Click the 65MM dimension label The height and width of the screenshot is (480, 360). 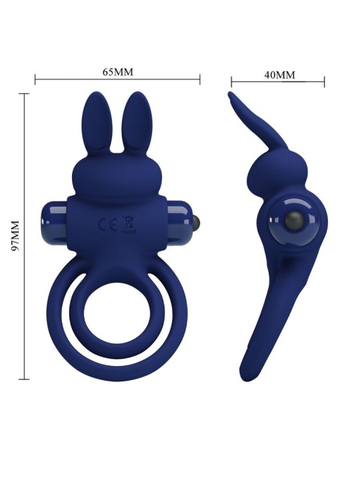118,72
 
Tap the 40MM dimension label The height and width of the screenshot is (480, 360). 280,75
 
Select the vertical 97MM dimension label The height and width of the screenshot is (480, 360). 15,235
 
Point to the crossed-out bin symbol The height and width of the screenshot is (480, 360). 129,224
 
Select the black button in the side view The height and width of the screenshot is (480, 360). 291,221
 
